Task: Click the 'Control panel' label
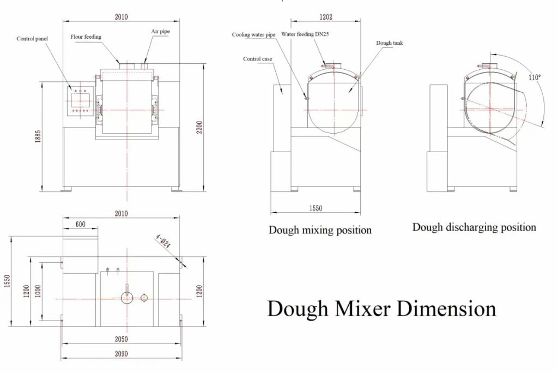tap(32, 39)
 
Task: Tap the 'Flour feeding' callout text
tap(86, 37)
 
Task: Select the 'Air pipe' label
tap(161, 31)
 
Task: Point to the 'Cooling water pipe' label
tap(254, 34)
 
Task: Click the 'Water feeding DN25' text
tap(305, 34)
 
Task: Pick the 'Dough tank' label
tap(390, 43)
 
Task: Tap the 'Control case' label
tap(258, 59)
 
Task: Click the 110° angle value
tap(534, 77)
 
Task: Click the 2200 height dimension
tap(199, 128)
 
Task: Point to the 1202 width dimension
tap(326, 17)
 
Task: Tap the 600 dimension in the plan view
tap(81, 224)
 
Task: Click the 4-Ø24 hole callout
tap(163, 241)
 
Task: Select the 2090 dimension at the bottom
tap(121, 354)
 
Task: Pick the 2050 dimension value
tap(121, 339)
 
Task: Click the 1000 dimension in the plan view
tap(38, 291)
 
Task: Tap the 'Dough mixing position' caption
tap(320, 230)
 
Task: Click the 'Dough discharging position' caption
tap(474, 227)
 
